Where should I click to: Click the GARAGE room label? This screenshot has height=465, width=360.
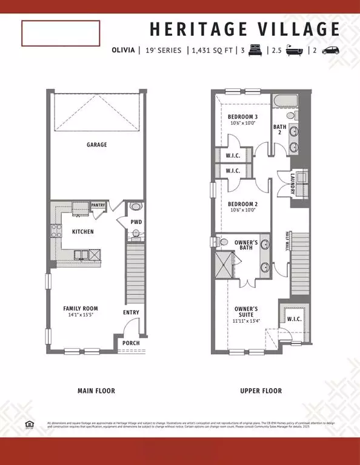tap(96, 145)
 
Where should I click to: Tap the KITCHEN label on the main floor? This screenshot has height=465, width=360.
tap(82, 232)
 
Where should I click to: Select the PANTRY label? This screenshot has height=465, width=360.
tap(98, 205)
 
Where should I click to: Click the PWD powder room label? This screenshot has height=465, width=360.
tap(136, 222)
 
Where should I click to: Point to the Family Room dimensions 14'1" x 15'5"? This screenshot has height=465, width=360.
tap(81, 315)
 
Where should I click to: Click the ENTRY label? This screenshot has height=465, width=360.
tap(131, 312)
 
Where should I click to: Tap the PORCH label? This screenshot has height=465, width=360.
tap(130, 343)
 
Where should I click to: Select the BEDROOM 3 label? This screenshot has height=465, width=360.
tap(242, 117)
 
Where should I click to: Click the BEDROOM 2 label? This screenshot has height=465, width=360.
tap(242, 204)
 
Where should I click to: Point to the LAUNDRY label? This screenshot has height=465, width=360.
tap(293, 185)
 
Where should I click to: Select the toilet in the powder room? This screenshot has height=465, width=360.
tap(136, 206)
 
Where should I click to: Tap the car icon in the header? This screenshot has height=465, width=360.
tap(330, 51)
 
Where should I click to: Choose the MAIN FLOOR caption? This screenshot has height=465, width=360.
tap(96, 391)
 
